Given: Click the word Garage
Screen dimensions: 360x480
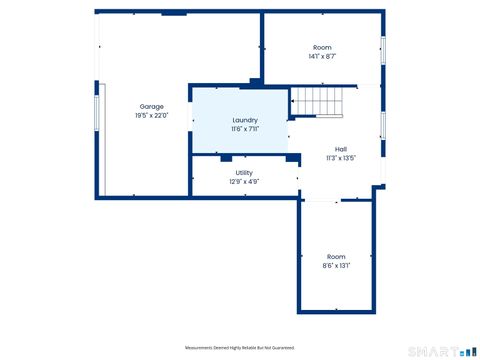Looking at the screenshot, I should [151, 106].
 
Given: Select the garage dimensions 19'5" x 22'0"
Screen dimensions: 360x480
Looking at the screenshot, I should [151, 115].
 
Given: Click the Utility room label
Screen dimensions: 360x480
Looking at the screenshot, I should [244, 172].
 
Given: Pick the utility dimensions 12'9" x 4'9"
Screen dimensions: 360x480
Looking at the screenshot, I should [244, 181].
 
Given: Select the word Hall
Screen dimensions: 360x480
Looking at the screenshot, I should [341, 149].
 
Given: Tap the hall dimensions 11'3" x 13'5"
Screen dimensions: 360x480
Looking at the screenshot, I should [341, 158].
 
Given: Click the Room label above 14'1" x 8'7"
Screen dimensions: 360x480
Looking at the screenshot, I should [322, 48].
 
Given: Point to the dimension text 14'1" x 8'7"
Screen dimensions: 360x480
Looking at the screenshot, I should [322, 57].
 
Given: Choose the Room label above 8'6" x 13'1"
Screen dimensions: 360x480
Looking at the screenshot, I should [336, 257].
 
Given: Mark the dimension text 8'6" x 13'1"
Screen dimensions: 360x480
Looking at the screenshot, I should [336, 266].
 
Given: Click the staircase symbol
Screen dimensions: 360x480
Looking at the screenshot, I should [316, 101].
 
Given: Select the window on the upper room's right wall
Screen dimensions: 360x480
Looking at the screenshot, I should [382, 50].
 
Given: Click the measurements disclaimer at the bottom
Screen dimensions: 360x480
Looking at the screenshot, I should [240, 347].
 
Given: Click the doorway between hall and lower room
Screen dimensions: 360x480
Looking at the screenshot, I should [321, 201].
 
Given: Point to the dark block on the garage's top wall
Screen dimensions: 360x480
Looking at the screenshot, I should [173, 13].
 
